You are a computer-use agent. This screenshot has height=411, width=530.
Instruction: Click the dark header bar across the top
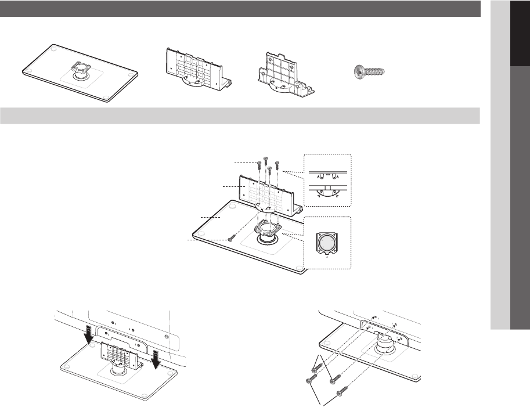tap(240, 8)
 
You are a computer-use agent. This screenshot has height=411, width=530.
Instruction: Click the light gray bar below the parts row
tap(240, 115)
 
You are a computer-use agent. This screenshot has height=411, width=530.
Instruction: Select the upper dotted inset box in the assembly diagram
tap(328, 181)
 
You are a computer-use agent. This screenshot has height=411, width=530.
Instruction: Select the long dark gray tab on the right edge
tap(520, 197)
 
